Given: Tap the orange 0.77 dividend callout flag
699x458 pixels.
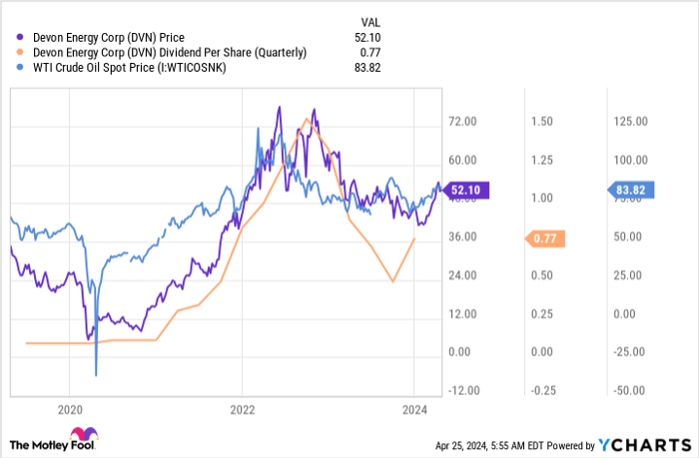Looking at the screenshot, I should tap(544, 238).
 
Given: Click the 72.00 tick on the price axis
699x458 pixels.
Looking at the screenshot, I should tap(462, 121).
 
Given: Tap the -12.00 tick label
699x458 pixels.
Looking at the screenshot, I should tap(462, 390).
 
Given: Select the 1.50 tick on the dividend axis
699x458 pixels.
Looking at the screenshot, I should tap(542, 121).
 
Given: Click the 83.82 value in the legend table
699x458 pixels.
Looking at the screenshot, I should tap(367, 67).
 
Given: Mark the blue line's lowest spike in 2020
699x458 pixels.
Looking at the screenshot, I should tap(96, 375).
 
